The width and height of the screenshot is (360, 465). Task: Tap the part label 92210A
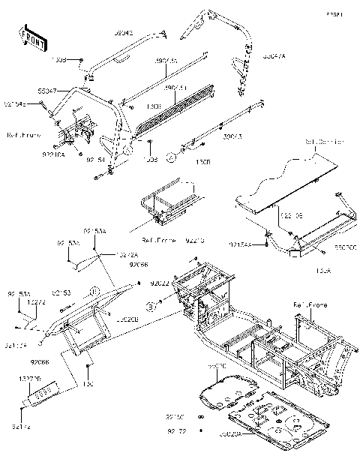54,154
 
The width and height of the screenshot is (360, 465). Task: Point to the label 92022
160,284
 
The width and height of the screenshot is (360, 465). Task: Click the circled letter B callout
150,307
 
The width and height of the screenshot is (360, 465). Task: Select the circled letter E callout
95,289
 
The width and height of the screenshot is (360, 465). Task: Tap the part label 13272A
127,255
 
